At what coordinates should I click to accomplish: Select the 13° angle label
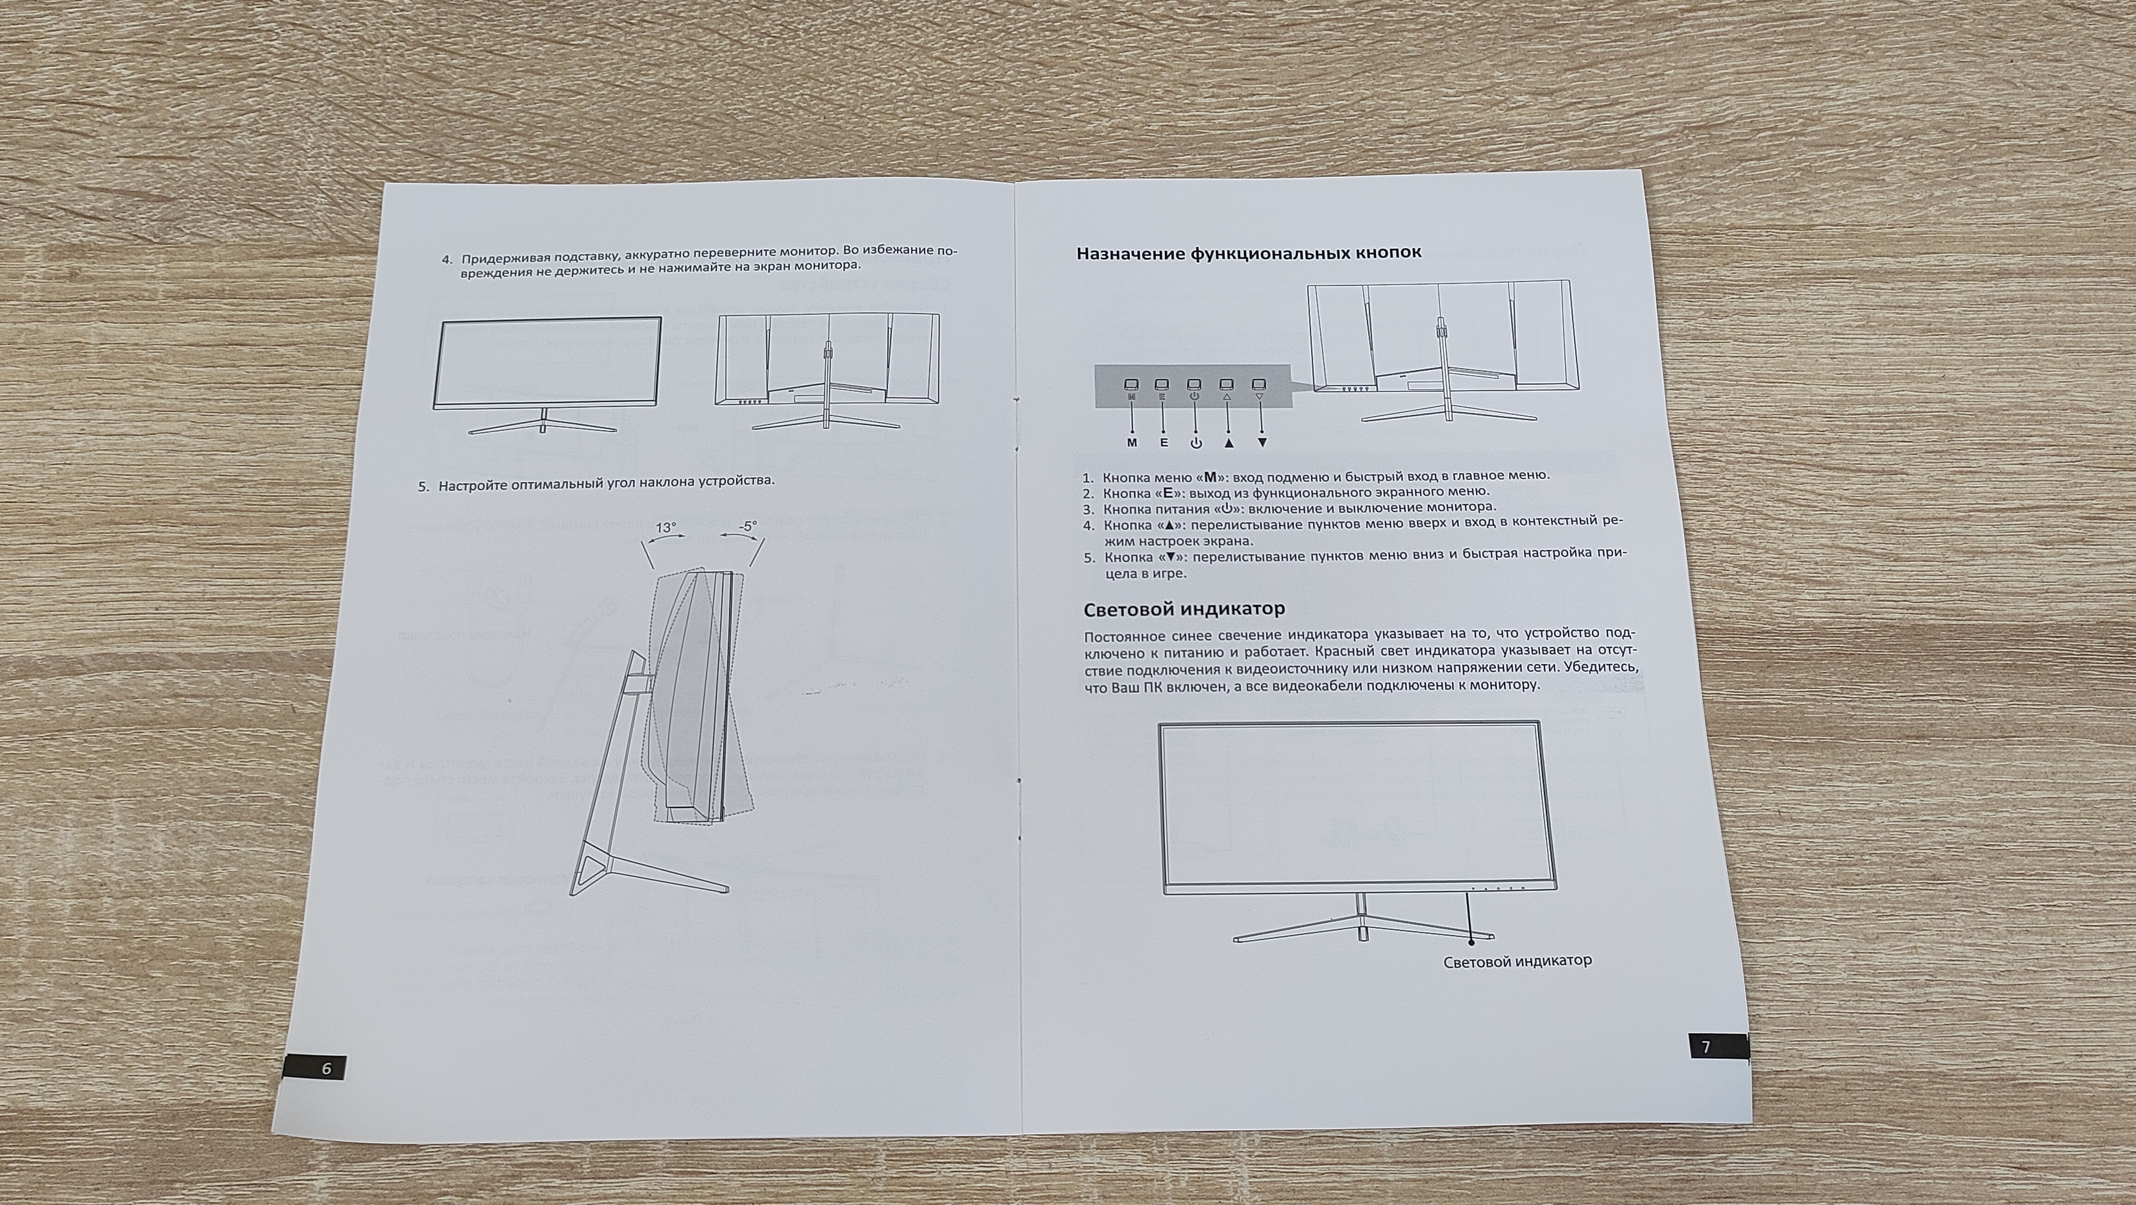click(x=666, y=528)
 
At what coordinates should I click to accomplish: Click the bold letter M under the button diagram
click(x=1132, y=443)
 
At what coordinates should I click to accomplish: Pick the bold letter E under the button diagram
click(x=1164, y=443)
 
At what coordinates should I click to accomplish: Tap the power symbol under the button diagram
click(x=1195, y=443)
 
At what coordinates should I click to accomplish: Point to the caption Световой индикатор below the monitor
click(x=1517, y=961)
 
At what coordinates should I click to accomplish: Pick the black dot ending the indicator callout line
click(x=1471, y=940)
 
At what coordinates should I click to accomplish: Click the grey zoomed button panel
click(x=1193, y=386)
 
